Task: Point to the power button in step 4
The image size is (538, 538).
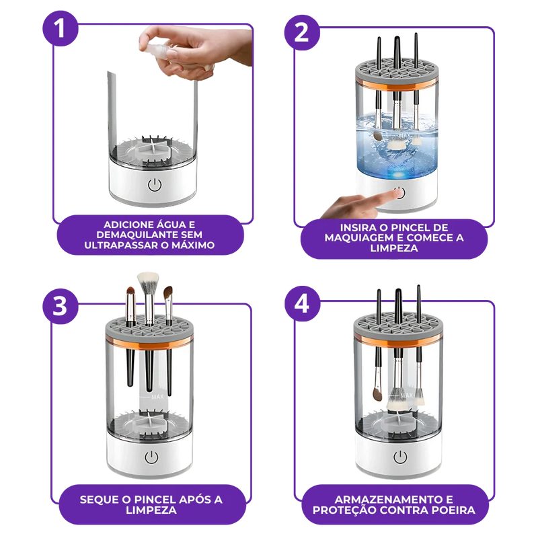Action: point(399,458)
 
